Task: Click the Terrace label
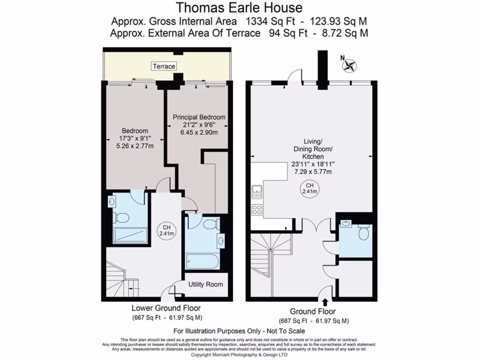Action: [164, 67]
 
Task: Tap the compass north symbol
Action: [349, 65]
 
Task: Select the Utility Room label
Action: [205, 285]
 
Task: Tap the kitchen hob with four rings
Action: [256, 210]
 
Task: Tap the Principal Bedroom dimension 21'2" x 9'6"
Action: [199, 125]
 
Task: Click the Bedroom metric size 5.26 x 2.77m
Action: [135, 146]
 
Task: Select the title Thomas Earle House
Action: [239, 8]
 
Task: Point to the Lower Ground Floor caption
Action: [166, 308]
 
